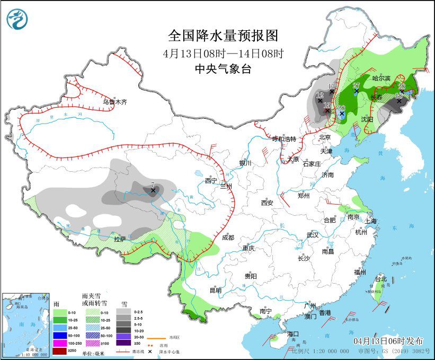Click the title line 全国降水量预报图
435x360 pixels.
click(x=223, y=36)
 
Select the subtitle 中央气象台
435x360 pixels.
click(x=223, y=69)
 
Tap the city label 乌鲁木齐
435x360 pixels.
click(x=115, y=102)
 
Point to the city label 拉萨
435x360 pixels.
click(x=120, y=239)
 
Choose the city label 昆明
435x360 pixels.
click(x=215, y=290)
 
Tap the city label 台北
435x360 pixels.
click(x=381, y=279)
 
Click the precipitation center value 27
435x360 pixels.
click(x=356, y=85)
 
